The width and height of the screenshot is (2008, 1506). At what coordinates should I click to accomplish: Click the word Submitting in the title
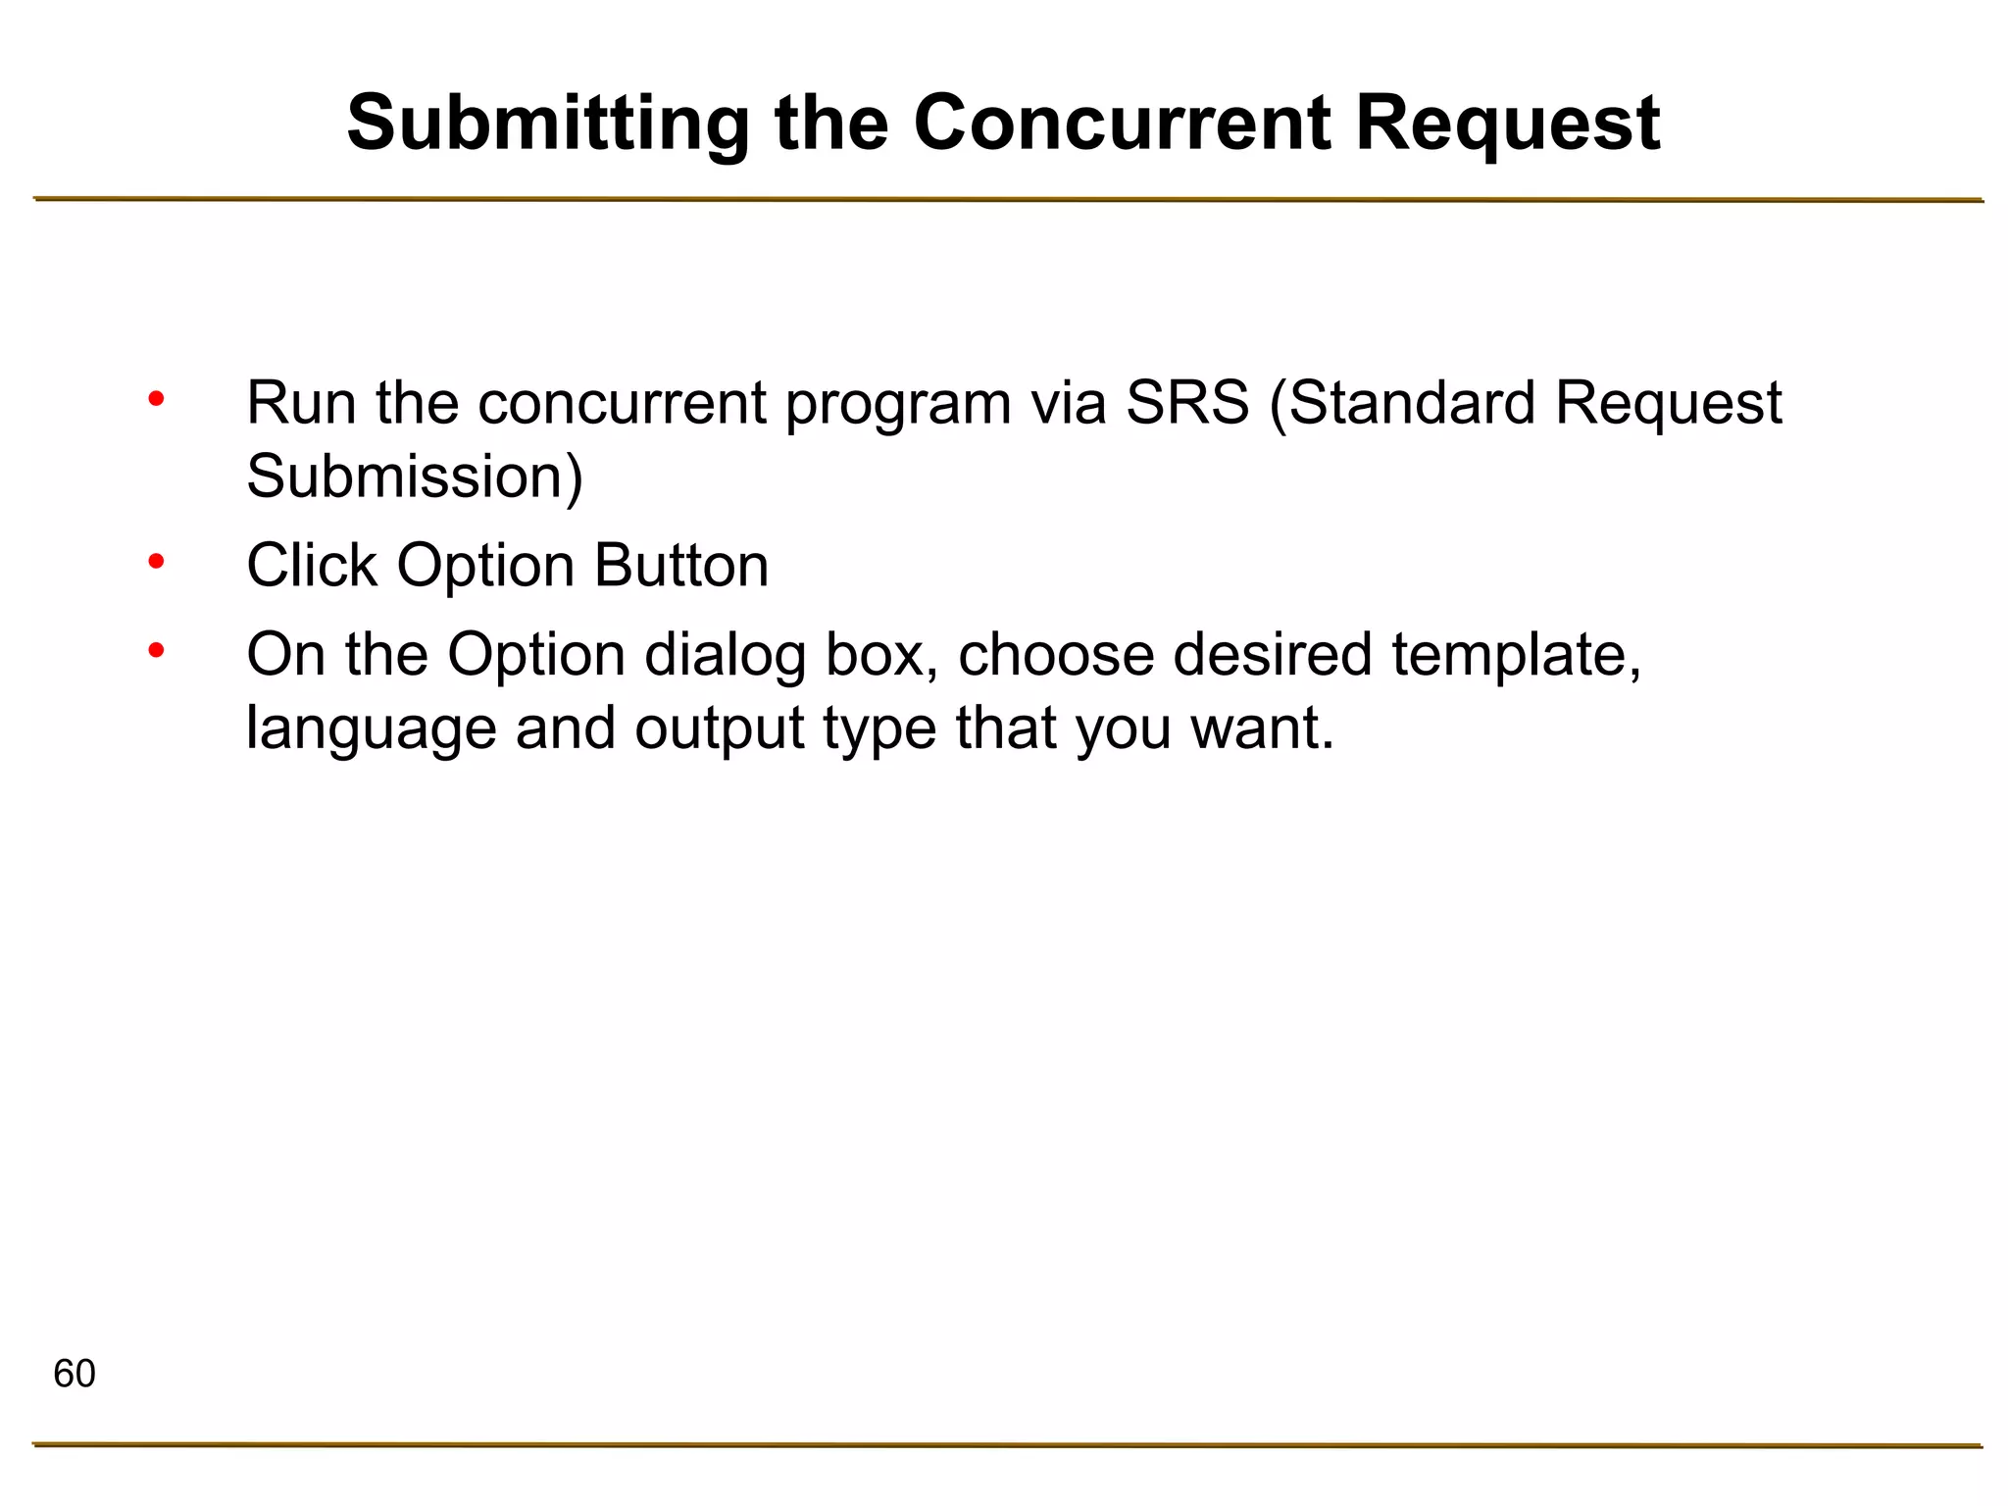click(547, 125)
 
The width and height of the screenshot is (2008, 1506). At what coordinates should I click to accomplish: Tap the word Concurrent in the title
click(1121, 125)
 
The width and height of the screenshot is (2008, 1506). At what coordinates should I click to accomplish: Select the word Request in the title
click(1507, 125)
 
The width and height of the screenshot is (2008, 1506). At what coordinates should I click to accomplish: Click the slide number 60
click(75, 1374)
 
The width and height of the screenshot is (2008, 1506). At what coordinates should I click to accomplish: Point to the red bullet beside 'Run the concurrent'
click(156, 399)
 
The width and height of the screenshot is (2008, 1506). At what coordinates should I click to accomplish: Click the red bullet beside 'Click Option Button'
click(156, 562)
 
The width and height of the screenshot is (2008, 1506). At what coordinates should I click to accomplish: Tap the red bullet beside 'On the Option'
click(156, 650)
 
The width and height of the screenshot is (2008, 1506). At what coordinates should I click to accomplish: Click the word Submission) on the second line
click(415, 477)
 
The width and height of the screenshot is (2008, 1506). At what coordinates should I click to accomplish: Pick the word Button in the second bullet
click(681, 566)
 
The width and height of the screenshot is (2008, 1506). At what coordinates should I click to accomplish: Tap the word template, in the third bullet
click(1517, 654)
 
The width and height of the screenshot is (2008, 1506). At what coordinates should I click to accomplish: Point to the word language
click(371, 728)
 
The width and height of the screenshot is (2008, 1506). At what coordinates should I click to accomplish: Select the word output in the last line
click(719, 728)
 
